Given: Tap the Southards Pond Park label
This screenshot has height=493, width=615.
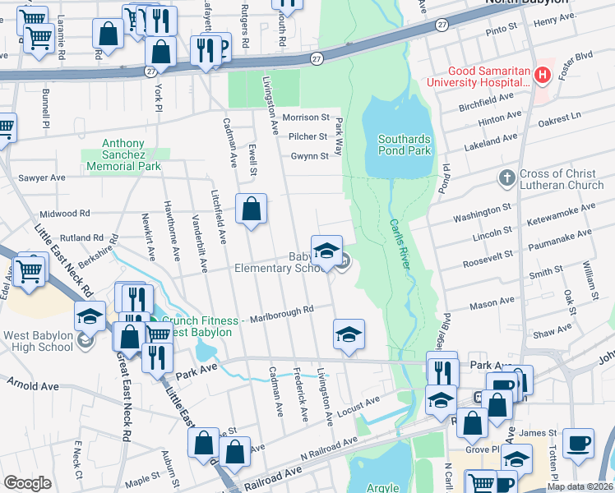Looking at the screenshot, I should [404, 145].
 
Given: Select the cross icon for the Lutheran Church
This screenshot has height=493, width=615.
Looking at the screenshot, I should [506, 178].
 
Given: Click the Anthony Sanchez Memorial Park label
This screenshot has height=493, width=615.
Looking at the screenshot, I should [126, 154].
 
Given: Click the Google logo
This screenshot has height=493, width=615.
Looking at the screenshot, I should [27, 483].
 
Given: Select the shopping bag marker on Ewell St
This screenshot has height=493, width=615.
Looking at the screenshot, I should [251, 209].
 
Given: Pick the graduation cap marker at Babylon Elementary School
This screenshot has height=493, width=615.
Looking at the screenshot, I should [326, 250].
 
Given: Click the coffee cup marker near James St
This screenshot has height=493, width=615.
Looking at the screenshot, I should [578, 442].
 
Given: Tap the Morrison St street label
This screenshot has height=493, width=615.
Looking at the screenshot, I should [305, 117].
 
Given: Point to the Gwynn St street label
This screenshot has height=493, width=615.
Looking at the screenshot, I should [309, 156].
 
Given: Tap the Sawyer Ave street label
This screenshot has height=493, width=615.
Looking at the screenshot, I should [41, 177].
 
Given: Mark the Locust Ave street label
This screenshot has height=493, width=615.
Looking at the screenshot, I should [362, 404].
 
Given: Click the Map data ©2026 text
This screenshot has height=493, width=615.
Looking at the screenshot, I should [580, 486].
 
